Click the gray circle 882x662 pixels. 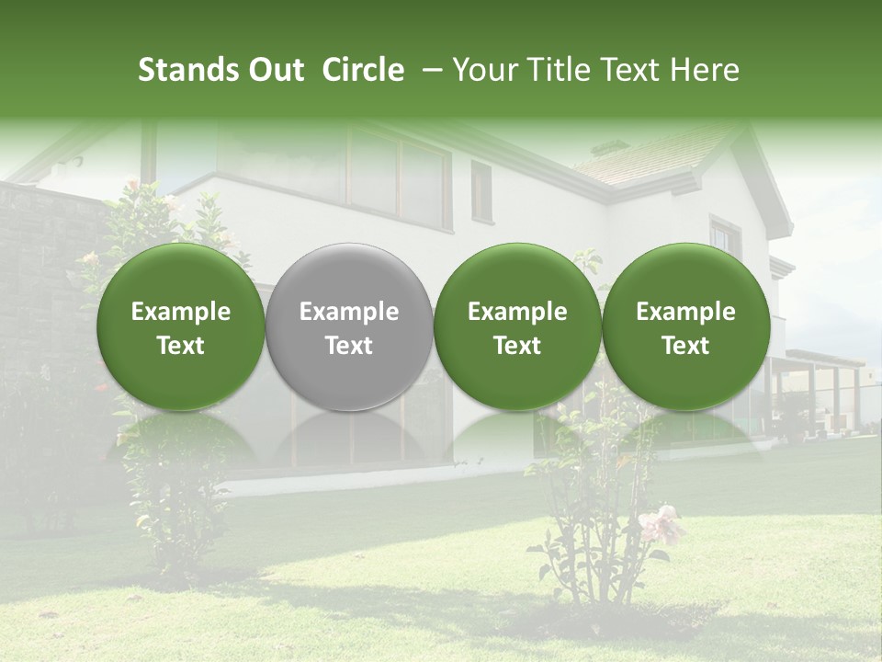tap(349, 326)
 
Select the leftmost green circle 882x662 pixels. tap(180, 326)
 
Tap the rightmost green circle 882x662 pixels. tap(685, 326)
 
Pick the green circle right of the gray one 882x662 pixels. tap(517, 326)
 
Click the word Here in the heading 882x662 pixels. tap(705, 70)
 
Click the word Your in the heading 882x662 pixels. tap(482, 70)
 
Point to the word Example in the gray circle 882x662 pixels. tap(349, 312)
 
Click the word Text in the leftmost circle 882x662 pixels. tap(180, 346)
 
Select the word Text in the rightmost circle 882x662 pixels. tap(685, 346)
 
